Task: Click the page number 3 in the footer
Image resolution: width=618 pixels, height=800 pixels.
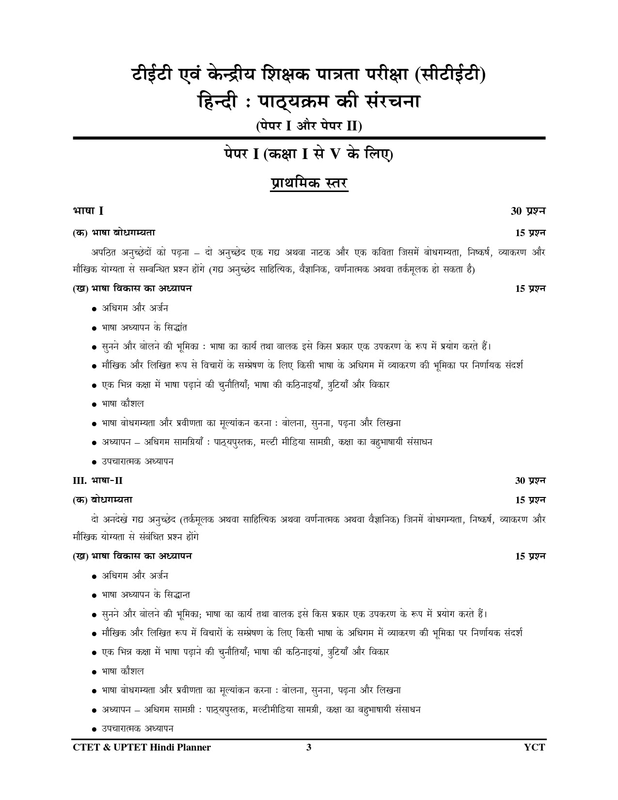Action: point(309,747)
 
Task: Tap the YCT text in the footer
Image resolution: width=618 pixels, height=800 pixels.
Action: point(534,747)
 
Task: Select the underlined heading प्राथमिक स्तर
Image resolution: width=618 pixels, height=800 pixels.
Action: point(309,184)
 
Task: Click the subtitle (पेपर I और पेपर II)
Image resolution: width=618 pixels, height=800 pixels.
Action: point(309,126)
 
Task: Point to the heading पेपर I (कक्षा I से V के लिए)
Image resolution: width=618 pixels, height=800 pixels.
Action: point(309,155)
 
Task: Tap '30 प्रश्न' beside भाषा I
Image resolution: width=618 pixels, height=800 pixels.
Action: point(528,211)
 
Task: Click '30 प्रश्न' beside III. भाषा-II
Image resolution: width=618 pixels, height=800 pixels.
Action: point(530,480)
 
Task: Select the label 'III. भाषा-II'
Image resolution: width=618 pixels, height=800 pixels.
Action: point(97,480)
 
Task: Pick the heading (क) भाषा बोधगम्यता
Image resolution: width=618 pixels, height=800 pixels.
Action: point(114,233)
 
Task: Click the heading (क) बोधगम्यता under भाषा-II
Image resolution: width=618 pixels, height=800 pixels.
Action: point(102,500)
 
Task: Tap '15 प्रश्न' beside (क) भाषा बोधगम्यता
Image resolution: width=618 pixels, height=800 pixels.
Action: point(530,233)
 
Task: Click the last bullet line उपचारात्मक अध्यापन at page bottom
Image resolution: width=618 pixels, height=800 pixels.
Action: point(138,728)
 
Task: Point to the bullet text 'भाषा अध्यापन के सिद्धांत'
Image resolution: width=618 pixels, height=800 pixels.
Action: point(144,327)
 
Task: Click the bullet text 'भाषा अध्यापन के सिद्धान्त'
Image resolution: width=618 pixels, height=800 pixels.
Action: point(146,594)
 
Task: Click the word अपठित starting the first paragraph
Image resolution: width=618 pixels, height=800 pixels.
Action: point(104,253)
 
